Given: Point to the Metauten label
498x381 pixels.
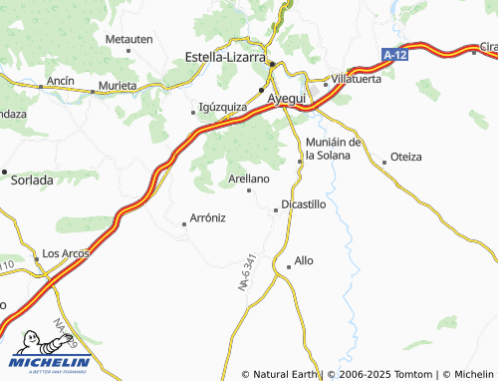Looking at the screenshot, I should [128, 38].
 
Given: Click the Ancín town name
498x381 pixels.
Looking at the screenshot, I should [60, 79].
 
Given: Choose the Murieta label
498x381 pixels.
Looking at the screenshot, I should [118, 86].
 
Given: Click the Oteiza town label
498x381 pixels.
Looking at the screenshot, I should [406, 157].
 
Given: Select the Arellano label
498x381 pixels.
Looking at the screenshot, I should [249, 178].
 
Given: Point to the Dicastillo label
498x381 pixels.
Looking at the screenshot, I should [304, 203].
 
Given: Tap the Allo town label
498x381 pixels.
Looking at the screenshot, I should [304, 260].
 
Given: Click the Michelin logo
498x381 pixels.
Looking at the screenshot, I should [50, 354].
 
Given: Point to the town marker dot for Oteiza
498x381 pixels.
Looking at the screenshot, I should [384, 161].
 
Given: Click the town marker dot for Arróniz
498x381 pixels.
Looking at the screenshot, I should [184, 224].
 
